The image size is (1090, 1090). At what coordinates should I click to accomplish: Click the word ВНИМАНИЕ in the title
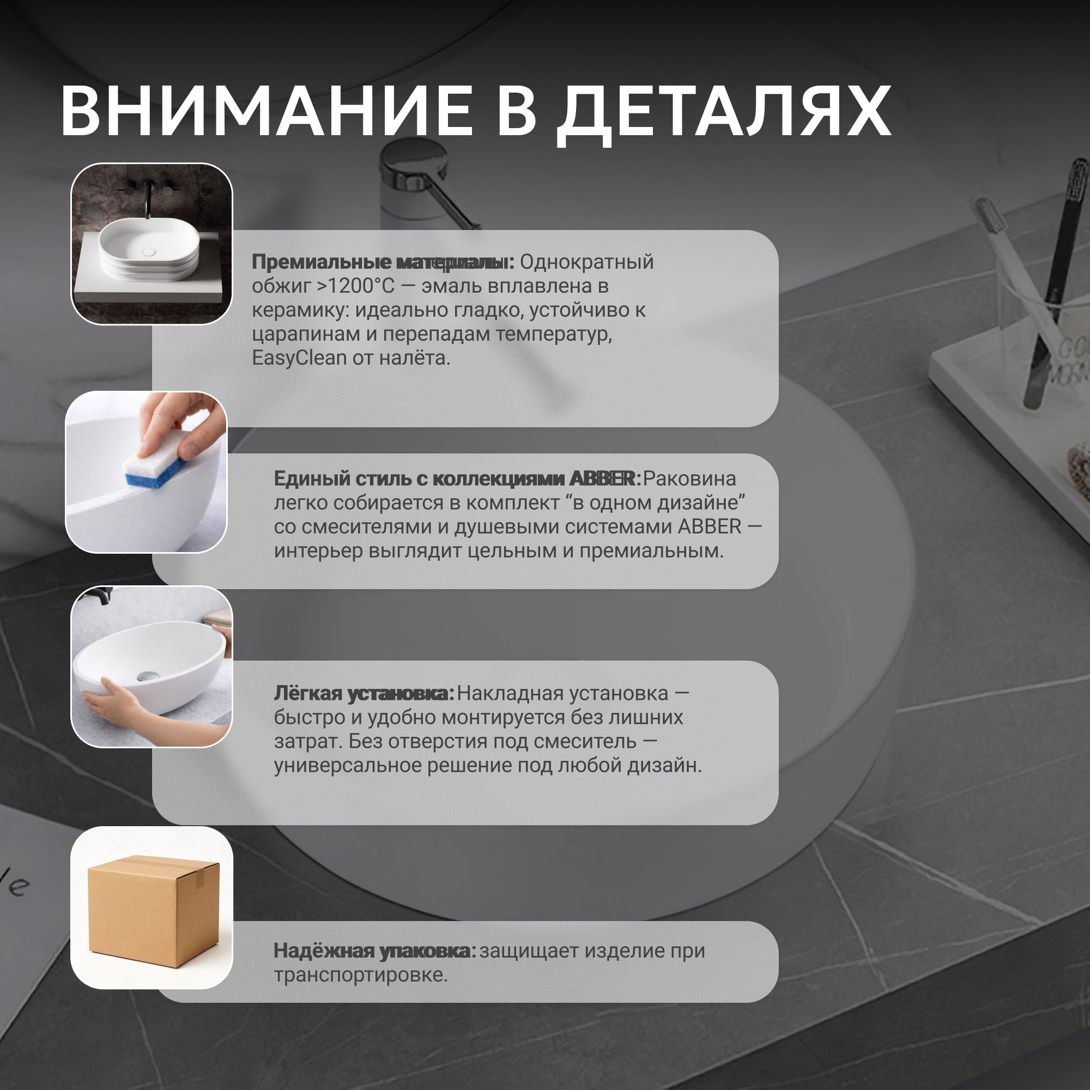[267, 111]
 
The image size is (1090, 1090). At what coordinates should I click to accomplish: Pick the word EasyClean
[299, 358]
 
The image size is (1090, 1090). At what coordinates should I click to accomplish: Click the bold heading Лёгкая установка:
[364, 694]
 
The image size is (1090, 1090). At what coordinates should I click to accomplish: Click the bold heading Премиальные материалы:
[383, 262]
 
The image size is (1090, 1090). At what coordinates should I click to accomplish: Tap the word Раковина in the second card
[689, 479]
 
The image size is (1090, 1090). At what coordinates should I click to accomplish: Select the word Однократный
[587, 262]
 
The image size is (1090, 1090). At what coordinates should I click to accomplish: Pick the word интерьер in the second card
[319, 550]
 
